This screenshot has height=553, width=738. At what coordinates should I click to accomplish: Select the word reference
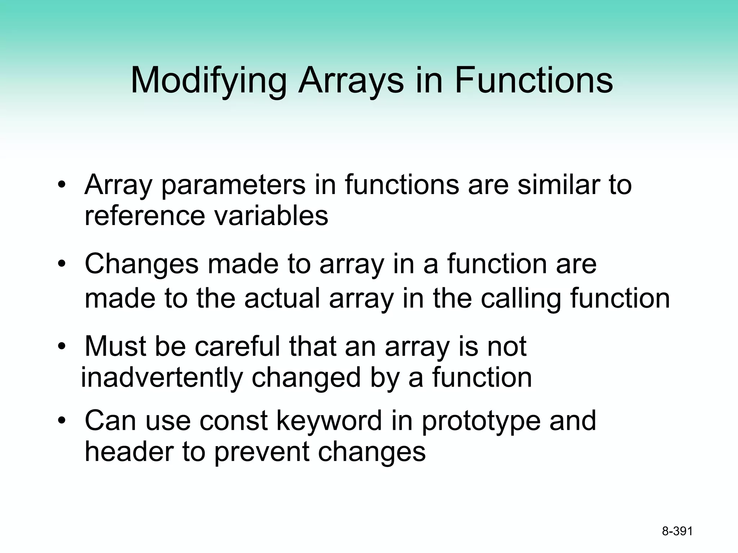point(145,216)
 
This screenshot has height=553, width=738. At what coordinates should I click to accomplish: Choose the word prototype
point(481,422)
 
